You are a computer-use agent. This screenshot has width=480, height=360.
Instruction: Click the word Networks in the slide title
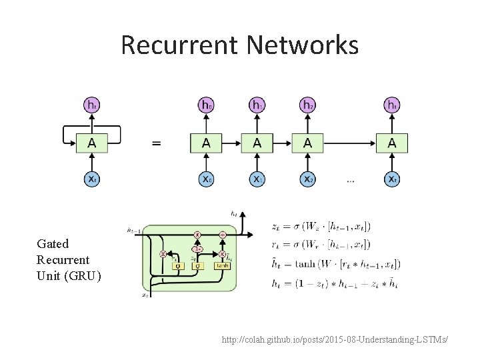click(x=303, y=45)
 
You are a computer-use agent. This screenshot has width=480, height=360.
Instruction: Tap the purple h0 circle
click(x=207, y=105)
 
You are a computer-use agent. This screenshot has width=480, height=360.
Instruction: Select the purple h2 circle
click(x=307, y=105)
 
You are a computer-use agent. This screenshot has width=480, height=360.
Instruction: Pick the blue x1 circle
click(x=257, y=179)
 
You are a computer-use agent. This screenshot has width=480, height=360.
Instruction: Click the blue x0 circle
click(x=207, y=179)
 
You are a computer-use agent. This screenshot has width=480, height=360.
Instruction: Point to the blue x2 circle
click(x=307, y=179)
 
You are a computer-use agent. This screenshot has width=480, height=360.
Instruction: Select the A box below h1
click(x=257, y=142)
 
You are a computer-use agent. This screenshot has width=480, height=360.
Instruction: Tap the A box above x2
click(x=307, y=142)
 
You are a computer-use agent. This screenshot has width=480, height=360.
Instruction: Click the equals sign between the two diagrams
click(x=155, y=143)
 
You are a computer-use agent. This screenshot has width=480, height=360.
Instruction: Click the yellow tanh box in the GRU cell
click(x=222, y=266)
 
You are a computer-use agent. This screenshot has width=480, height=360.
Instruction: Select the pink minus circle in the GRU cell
click(x=222, y=235)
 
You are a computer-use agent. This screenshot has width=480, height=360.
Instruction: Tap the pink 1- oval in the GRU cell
click(x=197, y=248)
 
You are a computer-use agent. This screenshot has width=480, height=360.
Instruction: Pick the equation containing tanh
click(x=336, y=263)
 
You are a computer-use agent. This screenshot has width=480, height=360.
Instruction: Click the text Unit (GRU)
click(x=69, y=275)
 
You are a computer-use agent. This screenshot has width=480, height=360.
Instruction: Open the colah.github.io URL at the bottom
click(x=335, y=341)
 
